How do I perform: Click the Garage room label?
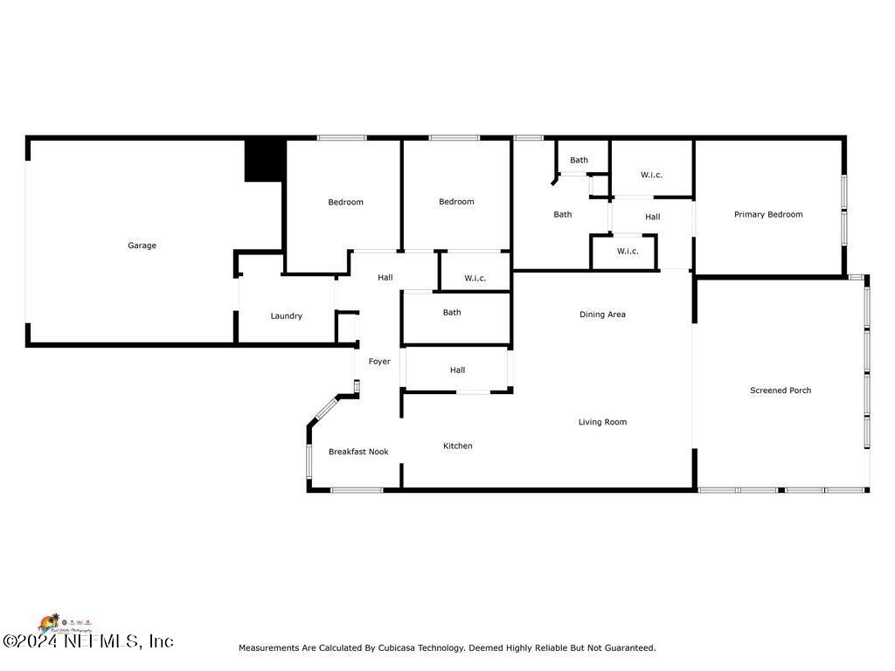(x=142, y=246)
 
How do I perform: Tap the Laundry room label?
(x=286, y=316)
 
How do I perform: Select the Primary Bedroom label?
(x=768, y=215)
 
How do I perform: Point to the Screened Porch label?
(x=781, y=391)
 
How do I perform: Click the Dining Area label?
(x=602, y=315)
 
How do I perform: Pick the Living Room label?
(x=602, y=423)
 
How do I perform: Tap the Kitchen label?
(x=457, y=446)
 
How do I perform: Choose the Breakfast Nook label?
(x=358, y=452)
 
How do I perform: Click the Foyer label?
(x=379, y=362)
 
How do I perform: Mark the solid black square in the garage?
(x=265, y=161)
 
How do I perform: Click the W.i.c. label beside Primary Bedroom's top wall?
(x=651, y=176)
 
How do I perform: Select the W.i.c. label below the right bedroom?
(x=475, y=279)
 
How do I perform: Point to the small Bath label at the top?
(x=579, y=161)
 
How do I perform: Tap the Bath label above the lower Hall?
(x=452, y=313)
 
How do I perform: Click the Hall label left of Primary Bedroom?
(x=653, y=218)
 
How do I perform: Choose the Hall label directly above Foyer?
(x=385, y=278)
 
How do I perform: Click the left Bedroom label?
(x=345, y=203)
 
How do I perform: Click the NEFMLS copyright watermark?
(x=87, y=641)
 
